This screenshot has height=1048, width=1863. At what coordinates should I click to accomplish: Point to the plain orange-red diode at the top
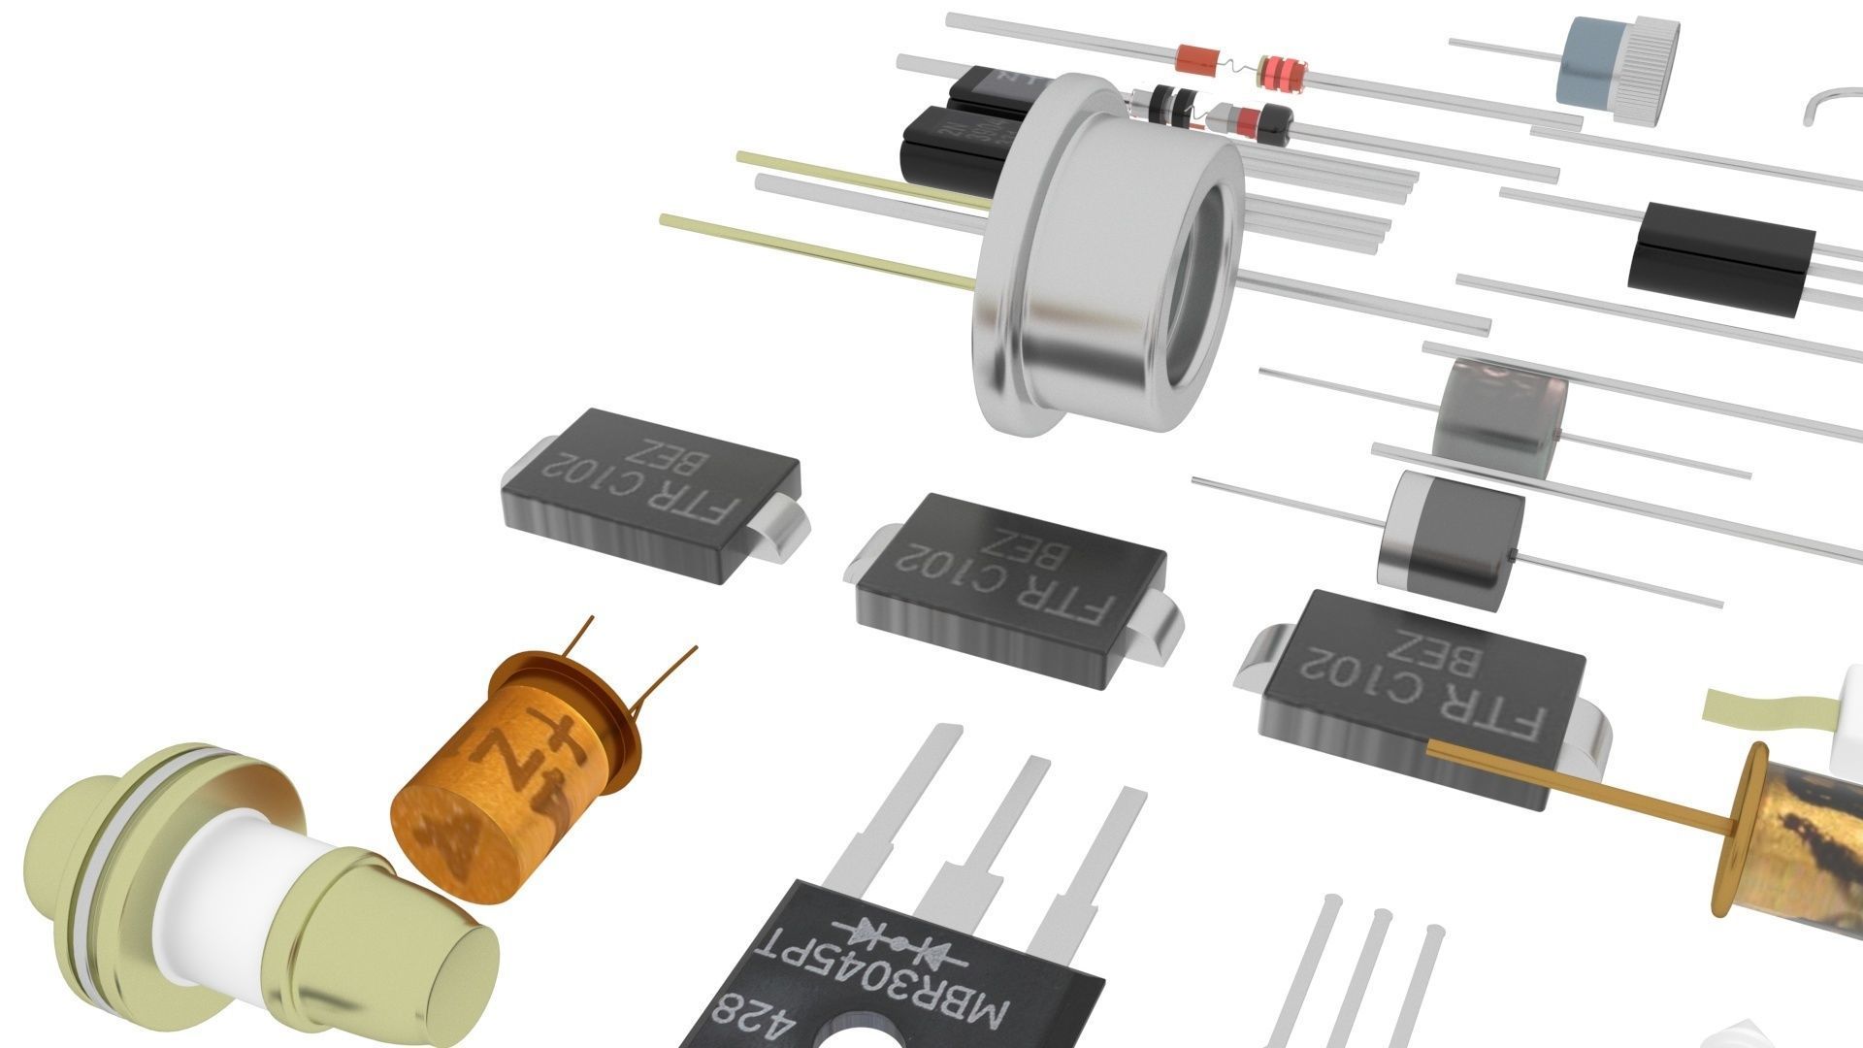coord(1195,60)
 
